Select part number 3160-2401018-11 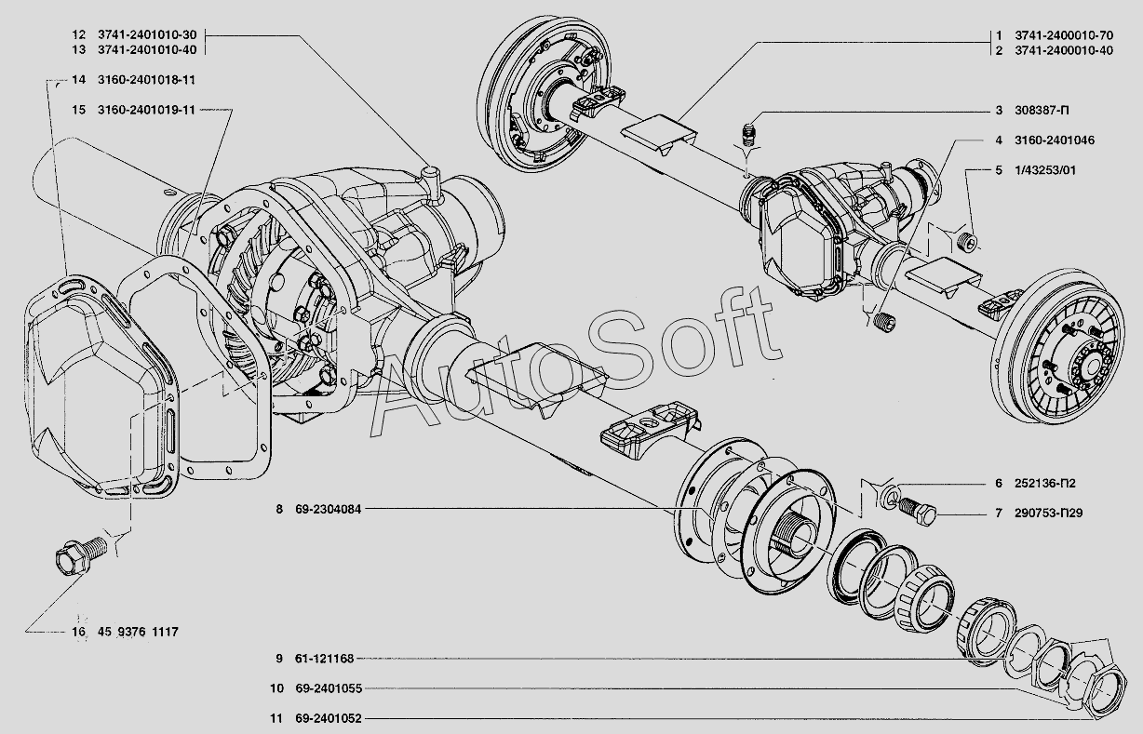(145, 81)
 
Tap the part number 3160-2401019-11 (145, 110)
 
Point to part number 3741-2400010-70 (1063, 34)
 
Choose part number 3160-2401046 (1055, 140)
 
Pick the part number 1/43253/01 (1045, 171)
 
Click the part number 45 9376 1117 (138, 633)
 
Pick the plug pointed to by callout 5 (968, 243)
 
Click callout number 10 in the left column (277, 689)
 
